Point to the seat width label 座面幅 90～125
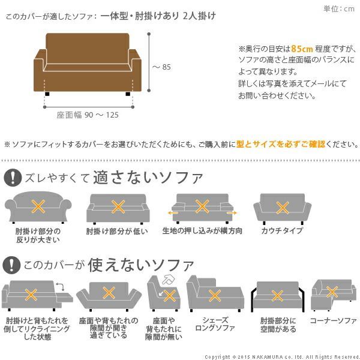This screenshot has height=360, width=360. point(88,115)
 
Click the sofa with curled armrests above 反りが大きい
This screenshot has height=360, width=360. point(38,208)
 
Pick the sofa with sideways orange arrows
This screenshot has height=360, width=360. point(202,208)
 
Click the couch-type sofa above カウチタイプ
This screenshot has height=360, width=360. point(282,208)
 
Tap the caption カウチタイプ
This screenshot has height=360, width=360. point(282,230)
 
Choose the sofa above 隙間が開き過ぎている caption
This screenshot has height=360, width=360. point(109,294)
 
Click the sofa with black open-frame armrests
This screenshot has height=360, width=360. point(277,294)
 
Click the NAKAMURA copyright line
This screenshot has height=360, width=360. point(281,356)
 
